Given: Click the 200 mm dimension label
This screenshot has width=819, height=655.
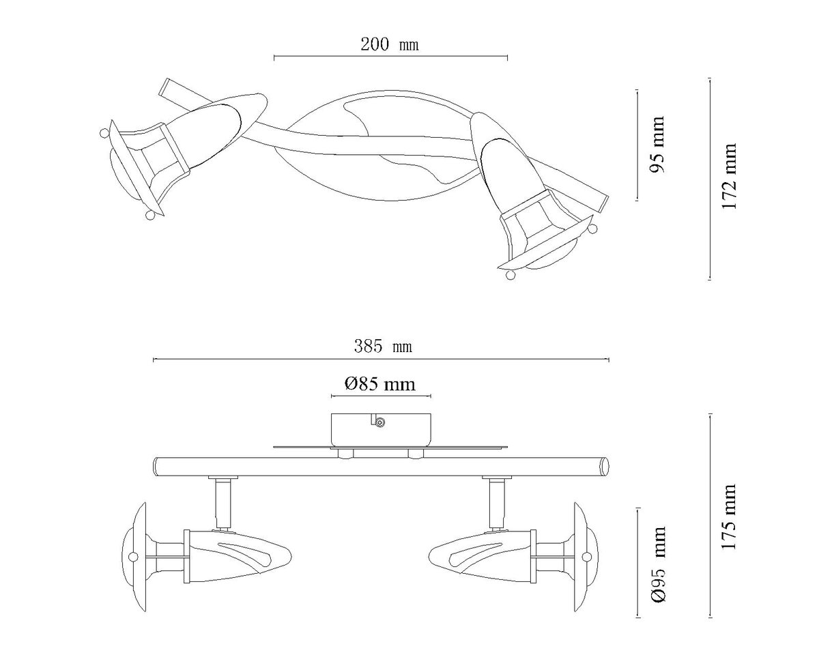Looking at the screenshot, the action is pyautogui.click(x=389, y=44).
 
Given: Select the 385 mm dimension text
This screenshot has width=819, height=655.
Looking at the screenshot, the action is pyautogui.click(x=383, y=347).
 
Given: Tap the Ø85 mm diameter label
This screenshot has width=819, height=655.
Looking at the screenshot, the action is pyautogui.click(x=380, y=384).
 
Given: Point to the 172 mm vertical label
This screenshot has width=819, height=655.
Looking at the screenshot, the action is pyautogui.click(x=729, y=176).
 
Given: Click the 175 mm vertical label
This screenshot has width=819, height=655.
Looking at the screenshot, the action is pyautogui.click(x=729, y=516).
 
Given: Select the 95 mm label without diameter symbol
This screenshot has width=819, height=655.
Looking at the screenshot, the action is pyautogui.click(x=657, y=144).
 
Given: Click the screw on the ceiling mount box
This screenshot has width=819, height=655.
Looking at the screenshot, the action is pyautogui.click(x=380, y=422).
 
